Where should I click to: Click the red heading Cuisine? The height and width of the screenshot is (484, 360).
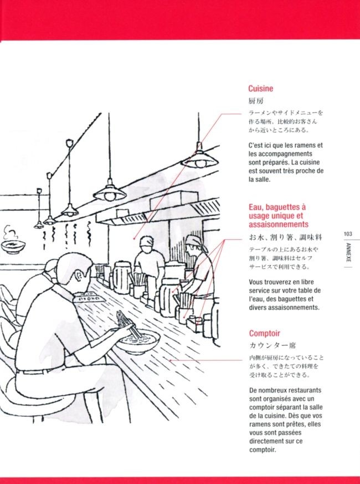pyautogui.click(x=261, y=89)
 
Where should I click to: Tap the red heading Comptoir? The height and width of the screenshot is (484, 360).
pyautogui.click(x=265, y=333)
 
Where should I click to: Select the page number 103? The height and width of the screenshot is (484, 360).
pyautogui.click(x=348, y=234)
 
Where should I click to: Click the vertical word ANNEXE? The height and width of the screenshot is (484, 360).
pyautogui.click(x=348, y=252)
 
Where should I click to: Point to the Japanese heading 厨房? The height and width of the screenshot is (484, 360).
pyautogui.click(x=256, y=101)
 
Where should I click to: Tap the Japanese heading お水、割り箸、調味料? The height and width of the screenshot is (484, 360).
pyautogui.click(x=286, y=237)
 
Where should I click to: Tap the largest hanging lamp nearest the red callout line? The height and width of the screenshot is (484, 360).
pyautogui.click(x=200, y=157)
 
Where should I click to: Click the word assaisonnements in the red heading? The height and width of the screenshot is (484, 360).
pyautogui.click(x=279, y=225)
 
